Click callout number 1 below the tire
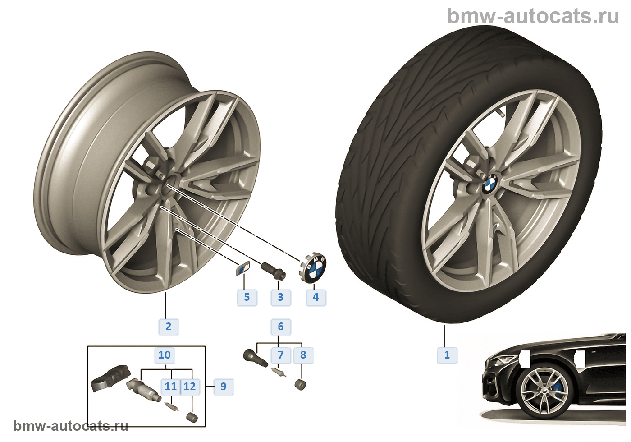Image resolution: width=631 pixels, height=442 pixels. pos(447,355)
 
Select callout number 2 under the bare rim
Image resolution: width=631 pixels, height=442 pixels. pos(168,327)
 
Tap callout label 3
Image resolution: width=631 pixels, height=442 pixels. pos(280,297)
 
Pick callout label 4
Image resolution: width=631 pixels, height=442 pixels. pos(315,297)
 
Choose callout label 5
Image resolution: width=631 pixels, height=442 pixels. pos(247,297)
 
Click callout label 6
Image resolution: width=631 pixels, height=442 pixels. pos(280,327)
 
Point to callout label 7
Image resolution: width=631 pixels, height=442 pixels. pos(280,355)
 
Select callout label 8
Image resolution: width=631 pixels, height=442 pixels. pos(303,355)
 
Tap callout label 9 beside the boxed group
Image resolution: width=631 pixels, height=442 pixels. pos(223,387)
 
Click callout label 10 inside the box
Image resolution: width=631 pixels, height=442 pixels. pos(165,355)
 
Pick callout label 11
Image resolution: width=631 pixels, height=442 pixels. pos(171,387)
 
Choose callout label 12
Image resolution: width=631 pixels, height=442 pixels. pos(190,387)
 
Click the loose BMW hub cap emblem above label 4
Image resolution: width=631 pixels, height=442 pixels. pos(314,269)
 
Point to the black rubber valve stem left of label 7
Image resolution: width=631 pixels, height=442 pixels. pos(251,355)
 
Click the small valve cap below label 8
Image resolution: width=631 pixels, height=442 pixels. pos(301,385)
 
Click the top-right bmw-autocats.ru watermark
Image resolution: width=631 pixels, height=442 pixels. pos(533,16)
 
